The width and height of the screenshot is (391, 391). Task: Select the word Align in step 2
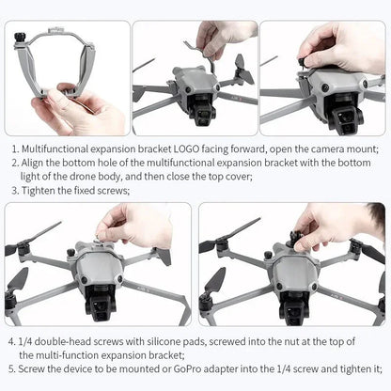[x=39, y=163]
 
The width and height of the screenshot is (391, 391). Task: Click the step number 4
[x=11, y=343]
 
